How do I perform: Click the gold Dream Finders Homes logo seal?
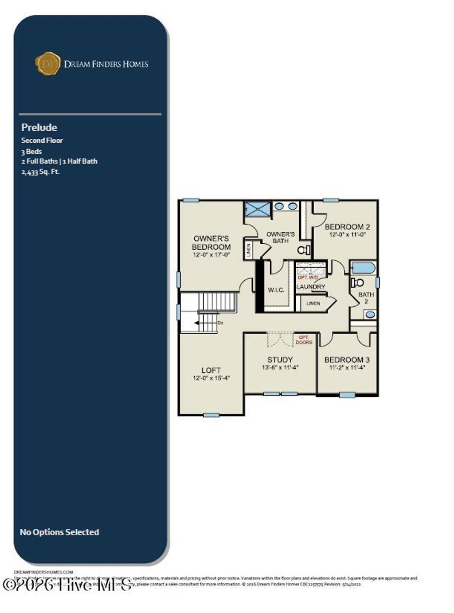47,63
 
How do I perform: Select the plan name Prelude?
39,128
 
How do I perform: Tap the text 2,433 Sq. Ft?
40,172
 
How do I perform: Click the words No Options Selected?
59,532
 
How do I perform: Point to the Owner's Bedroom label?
211,243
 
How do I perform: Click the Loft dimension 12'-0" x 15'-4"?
211,378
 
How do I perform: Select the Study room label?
280,359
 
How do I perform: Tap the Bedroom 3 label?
347,359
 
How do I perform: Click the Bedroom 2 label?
347,226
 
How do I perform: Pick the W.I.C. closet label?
276,290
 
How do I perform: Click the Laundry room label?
310,287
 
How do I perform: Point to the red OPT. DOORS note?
304,340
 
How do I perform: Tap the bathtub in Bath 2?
363,268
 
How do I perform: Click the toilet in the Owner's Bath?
304,250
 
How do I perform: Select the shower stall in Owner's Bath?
258,209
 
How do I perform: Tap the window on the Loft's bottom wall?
211,415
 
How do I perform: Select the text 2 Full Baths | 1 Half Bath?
59,161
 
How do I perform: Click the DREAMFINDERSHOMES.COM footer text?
43,572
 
